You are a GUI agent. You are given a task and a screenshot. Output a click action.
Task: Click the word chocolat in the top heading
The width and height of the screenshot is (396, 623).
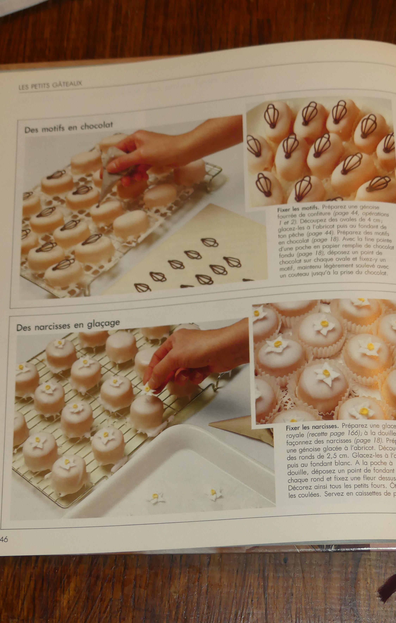coord(97,126)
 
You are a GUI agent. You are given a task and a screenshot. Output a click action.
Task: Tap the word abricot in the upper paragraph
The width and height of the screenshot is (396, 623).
coord(323,228)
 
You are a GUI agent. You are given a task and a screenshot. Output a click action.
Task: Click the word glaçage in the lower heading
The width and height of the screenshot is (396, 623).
coord(103,323)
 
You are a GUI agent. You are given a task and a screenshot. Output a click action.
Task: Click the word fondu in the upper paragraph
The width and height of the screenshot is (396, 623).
coord(287,255)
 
